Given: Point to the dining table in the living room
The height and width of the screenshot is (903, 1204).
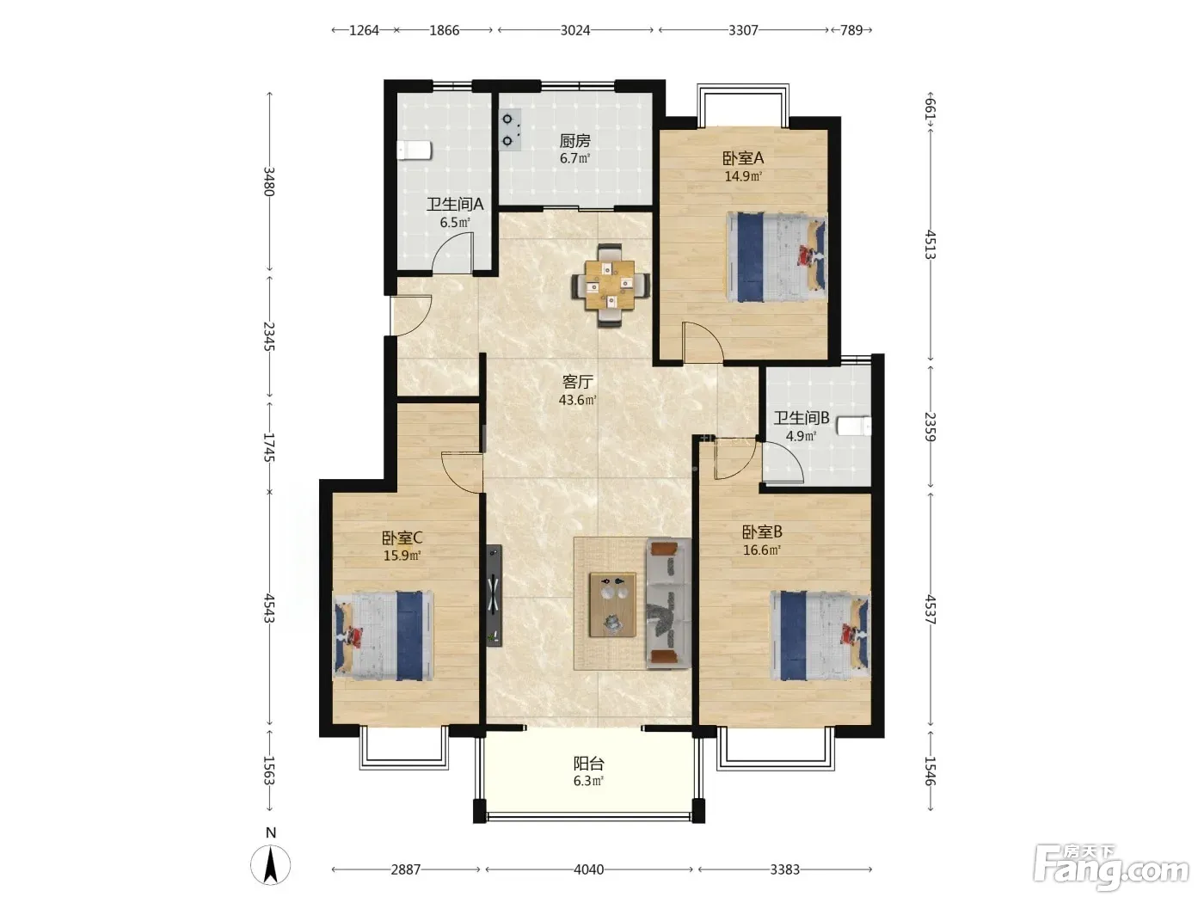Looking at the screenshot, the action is point(610,286).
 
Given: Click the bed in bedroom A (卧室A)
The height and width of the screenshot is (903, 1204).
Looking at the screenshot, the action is point(777,257).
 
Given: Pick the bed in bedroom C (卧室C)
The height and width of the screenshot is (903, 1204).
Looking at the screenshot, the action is point(384,636).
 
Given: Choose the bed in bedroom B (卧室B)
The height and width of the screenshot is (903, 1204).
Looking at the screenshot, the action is point(820,636).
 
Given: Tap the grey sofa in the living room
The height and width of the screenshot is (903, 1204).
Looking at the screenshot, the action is point(668,604).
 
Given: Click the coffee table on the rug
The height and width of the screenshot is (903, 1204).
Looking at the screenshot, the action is point(612,605).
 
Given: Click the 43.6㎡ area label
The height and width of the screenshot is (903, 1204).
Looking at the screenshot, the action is point(578,400).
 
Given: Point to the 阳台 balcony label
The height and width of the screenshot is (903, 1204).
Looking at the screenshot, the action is point(588,763).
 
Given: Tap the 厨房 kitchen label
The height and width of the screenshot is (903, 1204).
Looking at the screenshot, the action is point(574,141).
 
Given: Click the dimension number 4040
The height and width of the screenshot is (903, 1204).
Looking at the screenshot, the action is point(588,869).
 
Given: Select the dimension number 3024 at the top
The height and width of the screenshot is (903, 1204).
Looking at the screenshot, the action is point(574,30).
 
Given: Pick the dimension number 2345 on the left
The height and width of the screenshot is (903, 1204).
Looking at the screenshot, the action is point(269,336).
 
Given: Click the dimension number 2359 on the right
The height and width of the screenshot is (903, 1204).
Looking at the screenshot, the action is point(931,427).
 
